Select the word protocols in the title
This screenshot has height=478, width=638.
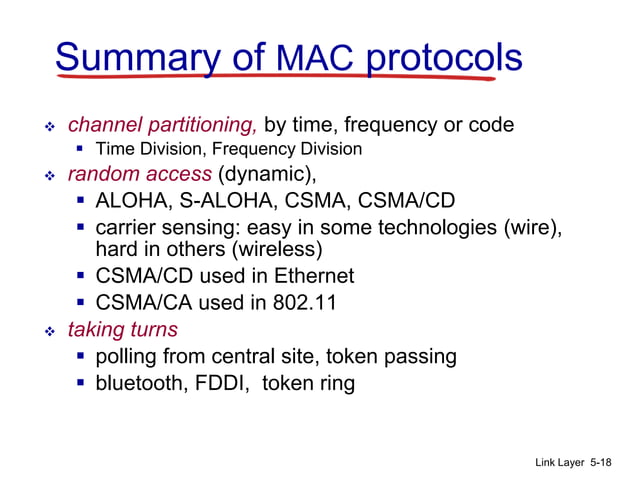coord(443,59)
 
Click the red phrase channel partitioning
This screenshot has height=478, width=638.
coord(162,125)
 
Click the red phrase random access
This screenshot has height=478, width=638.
coord(139,174)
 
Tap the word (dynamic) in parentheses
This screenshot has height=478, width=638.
coord(266,174)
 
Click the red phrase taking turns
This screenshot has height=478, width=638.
coord(122,329)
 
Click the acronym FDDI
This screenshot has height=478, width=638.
coord(222,383)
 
